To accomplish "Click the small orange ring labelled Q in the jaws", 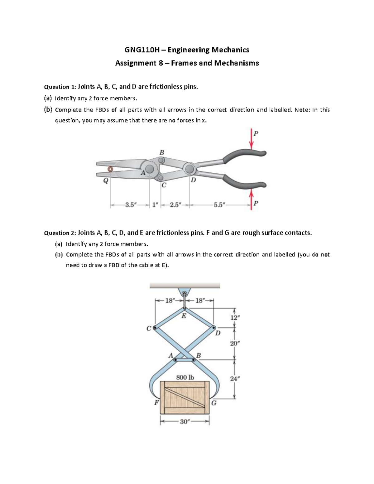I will coord(110,169).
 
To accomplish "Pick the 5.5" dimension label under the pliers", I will coord(220,205).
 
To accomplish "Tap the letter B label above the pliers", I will coord(161,152).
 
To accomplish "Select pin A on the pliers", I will coord(150,169).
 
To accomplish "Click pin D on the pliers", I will coord(189,169).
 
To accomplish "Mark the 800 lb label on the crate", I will coord(185,377).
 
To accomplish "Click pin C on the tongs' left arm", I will coord(155,328).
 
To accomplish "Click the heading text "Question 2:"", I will coord(60,233).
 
